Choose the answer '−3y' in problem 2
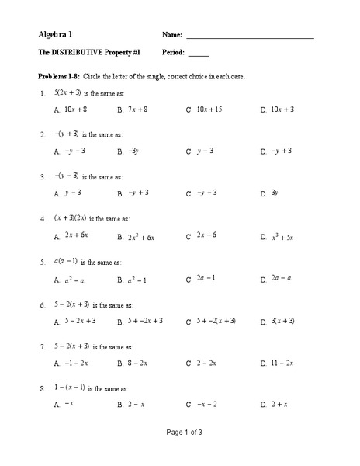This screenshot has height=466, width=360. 133,151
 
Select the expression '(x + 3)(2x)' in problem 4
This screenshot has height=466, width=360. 66,218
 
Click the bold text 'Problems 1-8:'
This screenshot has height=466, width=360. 61,76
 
